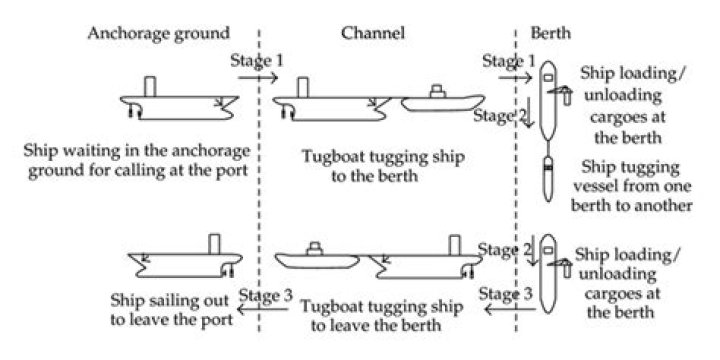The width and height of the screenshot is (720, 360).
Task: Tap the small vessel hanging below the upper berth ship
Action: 548,181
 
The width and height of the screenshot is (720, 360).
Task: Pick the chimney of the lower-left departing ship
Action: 213,244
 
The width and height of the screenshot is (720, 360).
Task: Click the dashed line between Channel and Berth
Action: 516,200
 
